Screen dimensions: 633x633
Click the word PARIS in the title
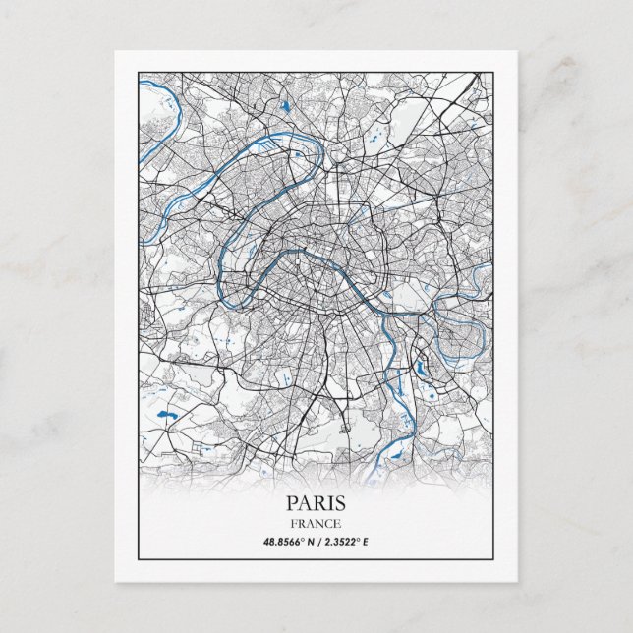316,502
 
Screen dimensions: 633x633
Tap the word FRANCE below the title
316,523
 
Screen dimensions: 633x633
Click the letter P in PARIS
292,502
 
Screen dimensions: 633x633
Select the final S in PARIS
340,502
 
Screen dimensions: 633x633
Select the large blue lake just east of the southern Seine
423,369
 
